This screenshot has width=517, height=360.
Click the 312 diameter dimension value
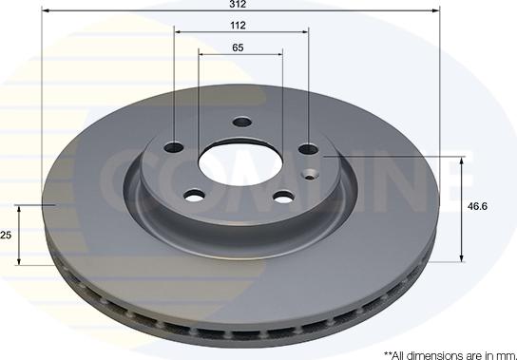(238, 4)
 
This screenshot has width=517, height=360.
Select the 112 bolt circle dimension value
(238, 26)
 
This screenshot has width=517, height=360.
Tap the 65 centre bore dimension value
(238, 47)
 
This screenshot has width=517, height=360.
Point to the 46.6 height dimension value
(477, 206)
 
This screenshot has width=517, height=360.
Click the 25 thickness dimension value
(6, 235)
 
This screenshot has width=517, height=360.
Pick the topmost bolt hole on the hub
(242, 123)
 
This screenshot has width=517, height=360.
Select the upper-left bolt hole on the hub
(174, 147)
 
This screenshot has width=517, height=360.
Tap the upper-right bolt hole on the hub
(309, 149)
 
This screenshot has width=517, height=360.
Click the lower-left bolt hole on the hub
(195, 196)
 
